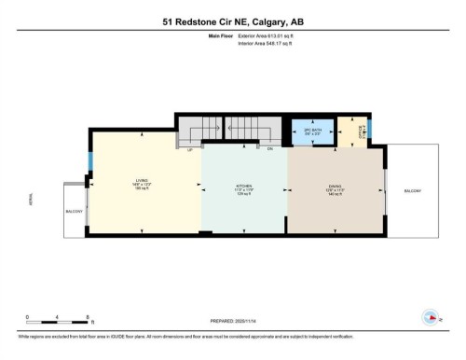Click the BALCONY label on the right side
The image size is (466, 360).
point(412,190)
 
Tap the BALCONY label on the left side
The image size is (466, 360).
point(75,212)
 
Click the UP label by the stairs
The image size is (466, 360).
point(190,149)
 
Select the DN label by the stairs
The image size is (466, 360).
point(269,149)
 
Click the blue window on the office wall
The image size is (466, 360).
point(369,128)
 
